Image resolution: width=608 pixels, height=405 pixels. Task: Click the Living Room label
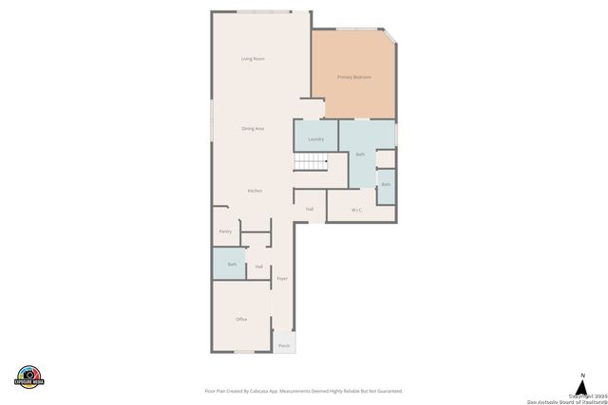[252, 59]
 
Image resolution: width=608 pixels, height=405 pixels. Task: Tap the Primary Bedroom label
[353, 77]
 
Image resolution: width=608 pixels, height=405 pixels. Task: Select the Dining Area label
[252, 128]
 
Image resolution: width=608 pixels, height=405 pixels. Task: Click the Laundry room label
[315, 139]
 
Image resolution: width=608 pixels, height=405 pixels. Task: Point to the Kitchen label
[255, 191]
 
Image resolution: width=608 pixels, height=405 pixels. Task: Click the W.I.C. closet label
[356, 210]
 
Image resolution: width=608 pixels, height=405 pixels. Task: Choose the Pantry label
[225, 231]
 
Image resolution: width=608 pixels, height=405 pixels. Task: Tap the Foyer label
[282, 279]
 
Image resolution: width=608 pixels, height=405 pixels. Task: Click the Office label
[241, 320]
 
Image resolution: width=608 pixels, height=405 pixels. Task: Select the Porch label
[284, 346]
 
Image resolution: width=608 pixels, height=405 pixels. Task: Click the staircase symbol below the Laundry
[309, 164]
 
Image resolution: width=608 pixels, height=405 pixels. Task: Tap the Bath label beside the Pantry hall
[230, 263]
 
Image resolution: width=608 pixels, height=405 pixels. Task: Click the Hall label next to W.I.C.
[310, 209]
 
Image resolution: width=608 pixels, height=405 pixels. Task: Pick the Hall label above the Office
[258, 267]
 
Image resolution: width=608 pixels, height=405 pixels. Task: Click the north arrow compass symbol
[582, 383]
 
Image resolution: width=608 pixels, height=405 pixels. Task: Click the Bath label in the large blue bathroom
[360, 154]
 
